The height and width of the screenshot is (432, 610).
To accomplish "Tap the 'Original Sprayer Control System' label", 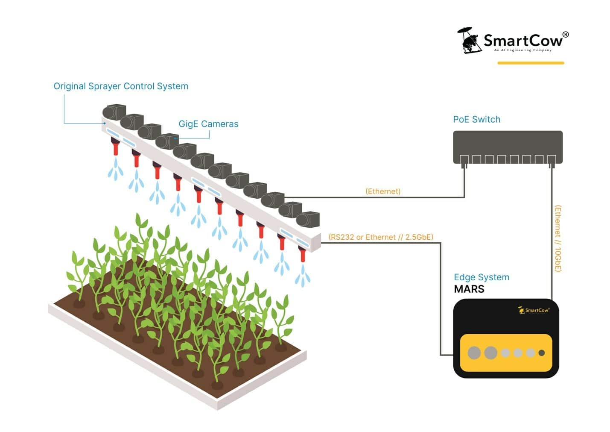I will click(x=121, y=86).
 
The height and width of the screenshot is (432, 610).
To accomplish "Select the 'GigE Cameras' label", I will click(x=208, y=124).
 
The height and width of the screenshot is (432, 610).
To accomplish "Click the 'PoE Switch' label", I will click(x=476, y=119).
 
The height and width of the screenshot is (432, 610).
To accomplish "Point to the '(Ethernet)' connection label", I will click(x=383, y=191).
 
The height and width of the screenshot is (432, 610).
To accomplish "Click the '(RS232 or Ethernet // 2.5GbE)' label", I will click(x=381, y=237).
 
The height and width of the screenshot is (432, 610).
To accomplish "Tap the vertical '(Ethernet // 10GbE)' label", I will click(x=557, y=238).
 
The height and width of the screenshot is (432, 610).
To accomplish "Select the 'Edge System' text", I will click(x=481, y=277).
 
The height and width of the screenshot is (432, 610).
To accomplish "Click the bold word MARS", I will click(x=469, y=289).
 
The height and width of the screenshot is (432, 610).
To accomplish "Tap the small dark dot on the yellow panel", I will click(x=542, y=353).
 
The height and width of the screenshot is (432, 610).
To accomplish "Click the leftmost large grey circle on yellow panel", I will click(x=474, y=353).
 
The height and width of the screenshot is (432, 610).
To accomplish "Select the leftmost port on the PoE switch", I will click(x=464, y=159).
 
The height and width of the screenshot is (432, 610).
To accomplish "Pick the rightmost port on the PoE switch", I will click(x=552, y=159).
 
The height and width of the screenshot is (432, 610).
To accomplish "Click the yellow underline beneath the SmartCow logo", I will click(x=531, y=63).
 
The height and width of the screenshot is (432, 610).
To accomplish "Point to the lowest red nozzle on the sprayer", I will click(x=303, y=255).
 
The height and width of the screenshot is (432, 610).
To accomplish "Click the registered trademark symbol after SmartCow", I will click(x=565, y=35).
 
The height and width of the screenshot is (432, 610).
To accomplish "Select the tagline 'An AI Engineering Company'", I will click(x=522, y=50).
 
